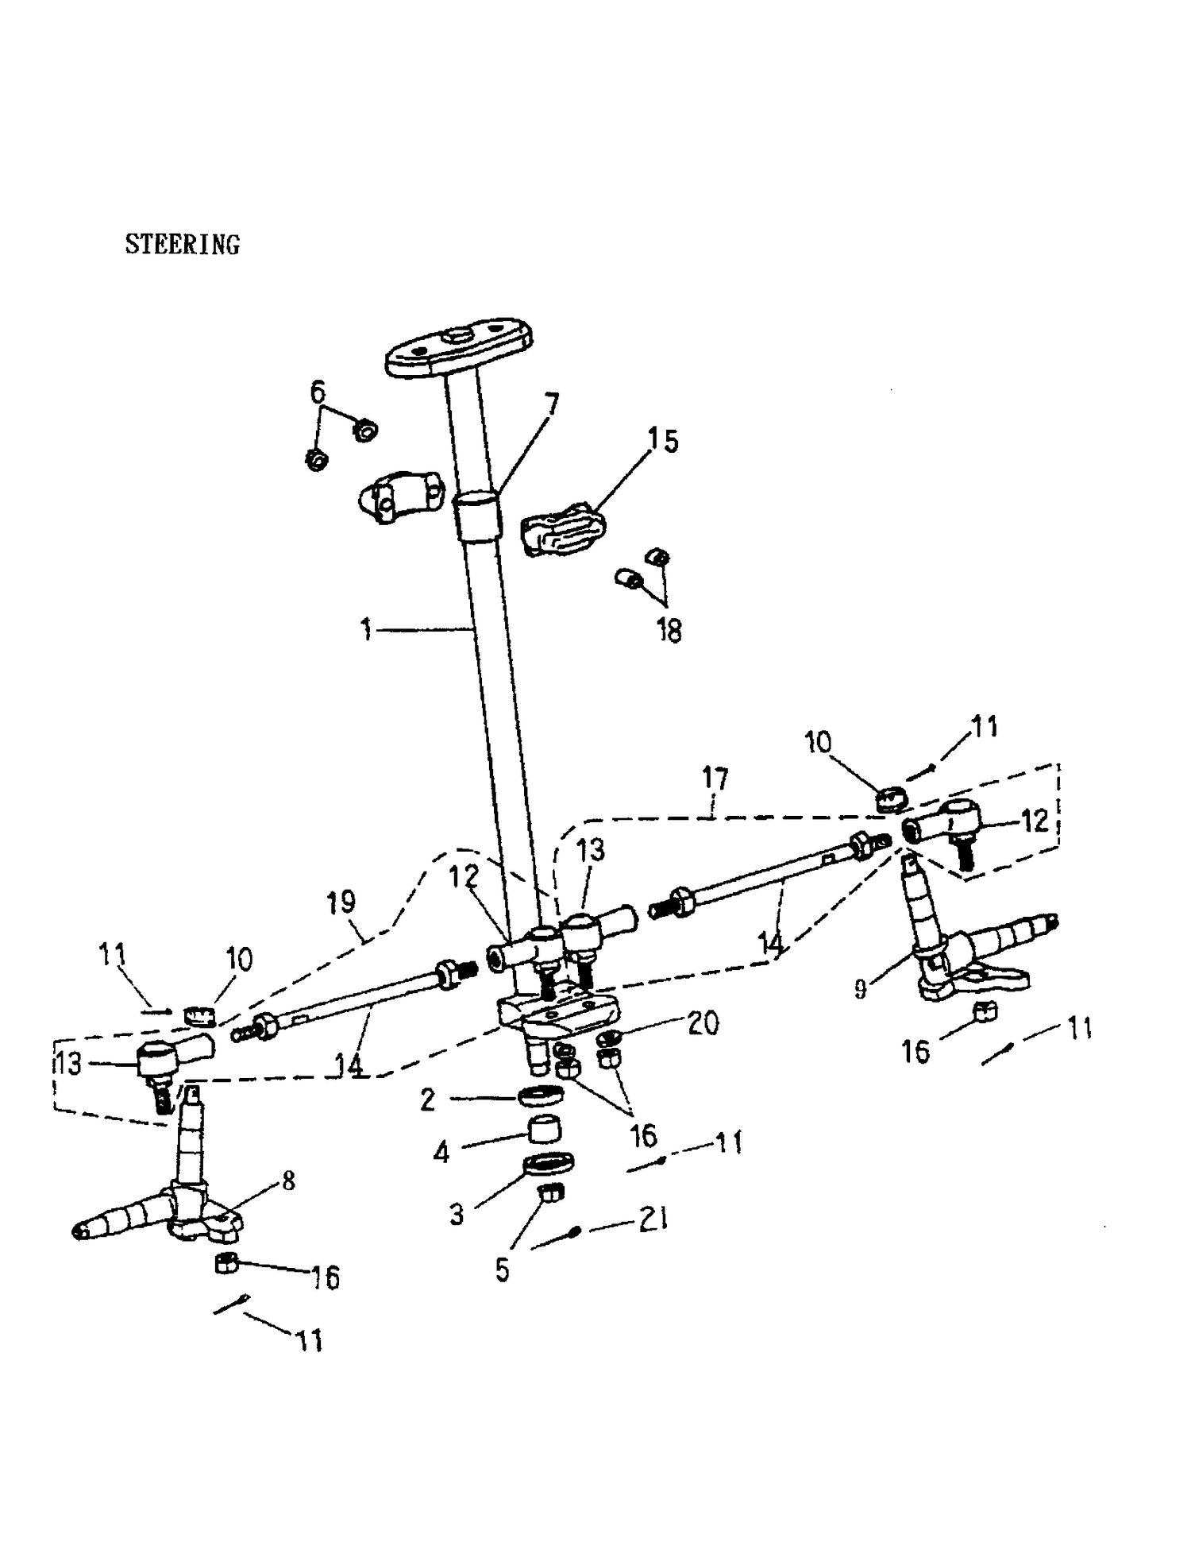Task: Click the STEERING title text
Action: pyautogui.click(x=182, y=245)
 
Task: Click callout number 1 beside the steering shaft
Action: pyautogui.click(x=366, y=630)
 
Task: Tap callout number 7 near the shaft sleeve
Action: pyautogui.click(x=549, y=405)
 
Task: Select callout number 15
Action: pyautogui.click(x=663, y=440)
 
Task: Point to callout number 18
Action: pyautogui.click(x=669, y=631)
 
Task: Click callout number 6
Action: pyautogui.click(x=317, y=392)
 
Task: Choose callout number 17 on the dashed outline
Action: pyautogui.click(x=715, y=779)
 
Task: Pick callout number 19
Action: pyautogui.click(x=341, y=902)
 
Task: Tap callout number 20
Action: pyautogui.click(x=703, y=1022)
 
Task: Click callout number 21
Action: pyautogui.click(x=653, y=1219)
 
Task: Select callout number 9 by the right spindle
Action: pyautogui.click(x=860, y=990)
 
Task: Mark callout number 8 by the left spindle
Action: pyautogui.click(x=288, y=1181)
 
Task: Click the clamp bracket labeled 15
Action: pyautogui.click(x=563, y=528)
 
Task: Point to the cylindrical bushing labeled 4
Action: pyautogui.click(x=546, y=1129)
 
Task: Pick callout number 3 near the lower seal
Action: pyautogui.click(x=457, y=1214)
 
